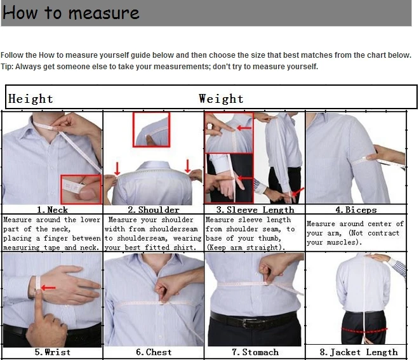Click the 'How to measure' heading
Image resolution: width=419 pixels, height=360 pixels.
coord(70,13)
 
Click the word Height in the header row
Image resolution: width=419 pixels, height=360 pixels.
coord(30,98)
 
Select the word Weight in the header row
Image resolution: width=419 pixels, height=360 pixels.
coord(221,98)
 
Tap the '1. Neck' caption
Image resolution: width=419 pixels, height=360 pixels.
coord(52,210)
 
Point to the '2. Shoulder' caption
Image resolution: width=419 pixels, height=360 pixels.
coord(153,210)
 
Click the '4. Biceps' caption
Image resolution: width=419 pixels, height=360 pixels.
coord(356,210)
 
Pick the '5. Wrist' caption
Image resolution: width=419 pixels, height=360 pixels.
coord(52,352)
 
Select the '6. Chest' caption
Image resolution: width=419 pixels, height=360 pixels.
coord(154,352)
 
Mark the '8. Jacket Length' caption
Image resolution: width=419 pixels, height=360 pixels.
coord(358,352)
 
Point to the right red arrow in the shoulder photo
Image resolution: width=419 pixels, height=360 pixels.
coord(188,166)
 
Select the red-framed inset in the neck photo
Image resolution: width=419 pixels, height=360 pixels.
coord(81,189)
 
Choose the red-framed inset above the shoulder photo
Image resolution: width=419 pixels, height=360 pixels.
coord(151,129)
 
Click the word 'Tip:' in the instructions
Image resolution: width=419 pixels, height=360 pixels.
coord(8,67)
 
